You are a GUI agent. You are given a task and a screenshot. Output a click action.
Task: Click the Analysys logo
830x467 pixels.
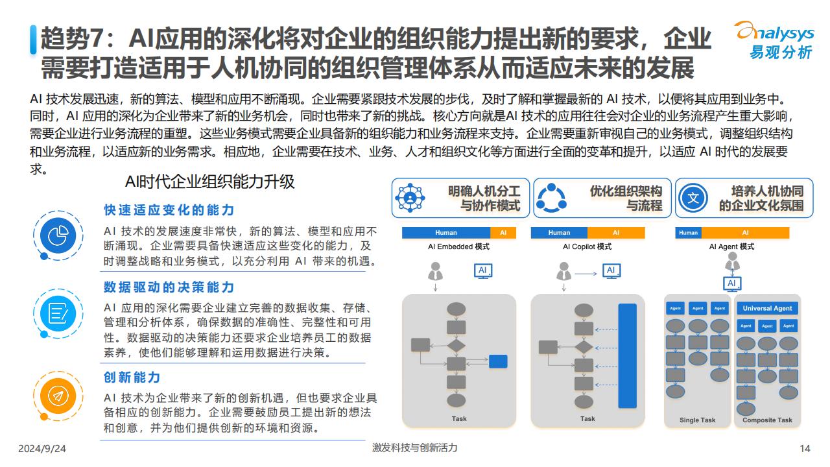point(774,40)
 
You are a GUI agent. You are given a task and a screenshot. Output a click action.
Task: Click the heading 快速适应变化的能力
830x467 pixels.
point(169,210)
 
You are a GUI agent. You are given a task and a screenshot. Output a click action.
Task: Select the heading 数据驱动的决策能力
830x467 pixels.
point(169,287)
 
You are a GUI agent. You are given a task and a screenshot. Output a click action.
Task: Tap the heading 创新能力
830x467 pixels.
point(132,377)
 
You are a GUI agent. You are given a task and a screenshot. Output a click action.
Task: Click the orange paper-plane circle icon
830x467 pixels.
point(58,396)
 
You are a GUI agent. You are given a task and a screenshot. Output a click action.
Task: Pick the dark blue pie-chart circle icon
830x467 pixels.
point(58,235)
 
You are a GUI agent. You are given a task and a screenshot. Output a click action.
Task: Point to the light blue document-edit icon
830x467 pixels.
point(58,313)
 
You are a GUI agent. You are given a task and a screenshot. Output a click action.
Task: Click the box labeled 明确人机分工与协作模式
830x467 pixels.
point(460,198)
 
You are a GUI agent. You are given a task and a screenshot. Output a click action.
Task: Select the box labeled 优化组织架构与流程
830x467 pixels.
point(602,198)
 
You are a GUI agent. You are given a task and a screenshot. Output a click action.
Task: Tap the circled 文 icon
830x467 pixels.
point(693,198)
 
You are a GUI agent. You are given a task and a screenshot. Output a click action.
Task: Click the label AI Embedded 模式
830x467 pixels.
point(458,246)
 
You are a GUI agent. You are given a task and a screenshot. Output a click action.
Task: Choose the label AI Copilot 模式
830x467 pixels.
point(587,246)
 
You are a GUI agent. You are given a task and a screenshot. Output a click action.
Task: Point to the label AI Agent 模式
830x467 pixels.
point(732,246)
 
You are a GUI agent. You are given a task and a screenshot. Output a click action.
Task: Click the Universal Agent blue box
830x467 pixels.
point(767,308)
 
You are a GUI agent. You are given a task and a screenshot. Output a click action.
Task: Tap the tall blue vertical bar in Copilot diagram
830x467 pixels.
point(628,356)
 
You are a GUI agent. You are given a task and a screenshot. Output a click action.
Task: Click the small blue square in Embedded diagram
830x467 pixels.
point(498,361)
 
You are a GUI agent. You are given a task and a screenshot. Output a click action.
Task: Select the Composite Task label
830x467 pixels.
point(767,420)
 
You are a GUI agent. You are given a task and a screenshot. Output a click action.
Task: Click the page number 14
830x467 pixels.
point(805,449)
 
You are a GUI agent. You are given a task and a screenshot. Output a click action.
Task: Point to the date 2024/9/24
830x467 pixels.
point(42,449)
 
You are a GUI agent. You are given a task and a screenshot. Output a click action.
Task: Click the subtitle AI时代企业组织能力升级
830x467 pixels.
point(209,182)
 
